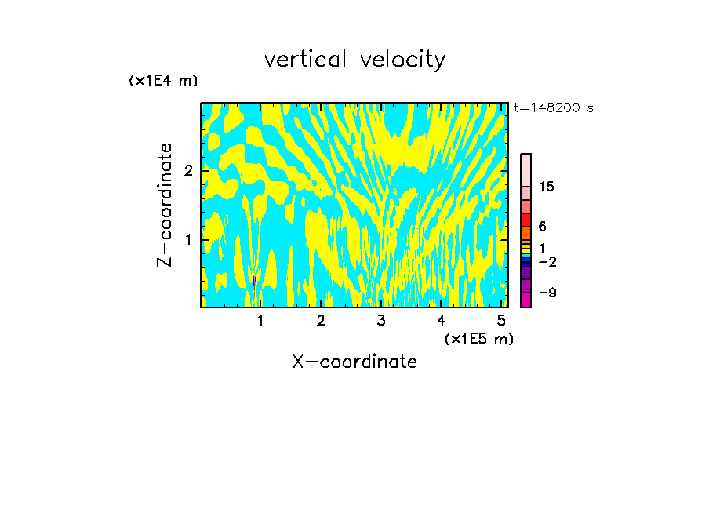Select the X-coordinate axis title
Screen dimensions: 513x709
(354, 362)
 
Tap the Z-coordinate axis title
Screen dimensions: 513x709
(165, 205)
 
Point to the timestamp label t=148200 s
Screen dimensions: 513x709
(554, 108)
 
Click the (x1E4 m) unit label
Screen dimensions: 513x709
(163, 81)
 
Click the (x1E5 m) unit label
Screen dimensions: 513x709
(478, 338)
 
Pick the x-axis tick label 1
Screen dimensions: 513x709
(260, 320)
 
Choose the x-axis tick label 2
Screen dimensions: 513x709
(321, 320)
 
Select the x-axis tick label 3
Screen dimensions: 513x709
(380, 320)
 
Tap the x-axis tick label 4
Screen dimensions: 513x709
(441, 320)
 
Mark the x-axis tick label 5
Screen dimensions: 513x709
(501, 320)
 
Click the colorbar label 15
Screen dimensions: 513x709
(547, 187)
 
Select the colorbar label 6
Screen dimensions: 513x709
(543, 227)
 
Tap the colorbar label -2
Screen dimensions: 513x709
(547, 262)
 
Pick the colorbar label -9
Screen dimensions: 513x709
(547, 293)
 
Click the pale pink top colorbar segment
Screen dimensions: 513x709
(526, 169)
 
